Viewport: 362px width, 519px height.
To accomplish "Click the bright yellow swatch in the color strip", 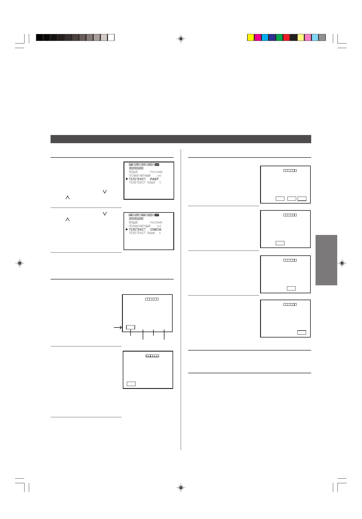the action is tap(251, 38).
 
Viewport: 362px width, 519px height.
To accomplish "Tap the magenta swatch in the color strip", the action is tap(258, 38).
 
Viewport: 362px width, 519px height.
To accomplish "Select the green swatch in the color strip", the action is tap(279, 38).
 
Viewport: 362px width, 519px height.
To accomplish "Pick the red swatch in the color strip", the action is tap(286, 38).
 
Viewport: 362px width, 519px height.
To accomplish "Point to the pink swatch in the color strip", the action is tap(308, 38).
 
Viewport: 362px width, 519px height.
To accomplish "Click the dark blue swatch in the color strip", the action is tap(272, 38).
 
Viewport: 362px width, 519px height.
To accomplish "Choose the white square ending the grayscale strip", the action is tap(111, 38).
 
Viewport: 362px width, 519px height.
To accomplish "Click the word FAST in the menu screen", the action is tap(154, 179).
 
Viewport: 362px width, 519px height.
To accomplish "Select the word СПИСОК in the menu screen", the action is tap(156, 230).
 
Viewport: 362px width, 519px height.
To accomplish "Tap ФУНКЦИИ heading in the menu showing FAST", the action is tap(136, 168).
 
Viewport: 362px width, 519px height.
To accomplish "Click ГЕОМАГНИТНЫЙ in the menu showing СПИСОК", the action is tap(139, 226).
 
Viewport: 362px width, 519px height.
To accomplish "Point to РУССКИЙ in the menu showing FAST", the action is tap(156, 172).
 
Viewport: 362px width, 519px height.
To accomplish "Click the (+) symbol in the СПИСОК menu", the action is tap(159, 226).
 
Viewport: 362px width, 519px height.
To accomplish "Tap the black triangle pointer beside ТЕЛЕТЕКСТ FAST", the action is tap(127, 179).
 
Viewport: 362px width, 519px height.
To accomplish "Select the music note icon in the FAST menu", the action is tap(137, 165).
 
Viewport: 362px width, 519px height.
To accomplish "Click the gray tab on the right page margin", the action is tap(326, 260).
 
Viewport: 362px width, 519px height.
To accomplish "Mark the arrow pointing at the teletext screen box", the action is tap(118, 327).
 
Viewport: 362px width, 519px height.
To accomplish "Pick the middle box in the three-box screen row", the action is tap(292, 199).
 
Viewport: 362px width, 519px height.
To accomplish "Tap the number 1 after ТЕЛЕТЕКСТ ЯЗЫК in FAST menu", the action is tap(160, 183).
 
